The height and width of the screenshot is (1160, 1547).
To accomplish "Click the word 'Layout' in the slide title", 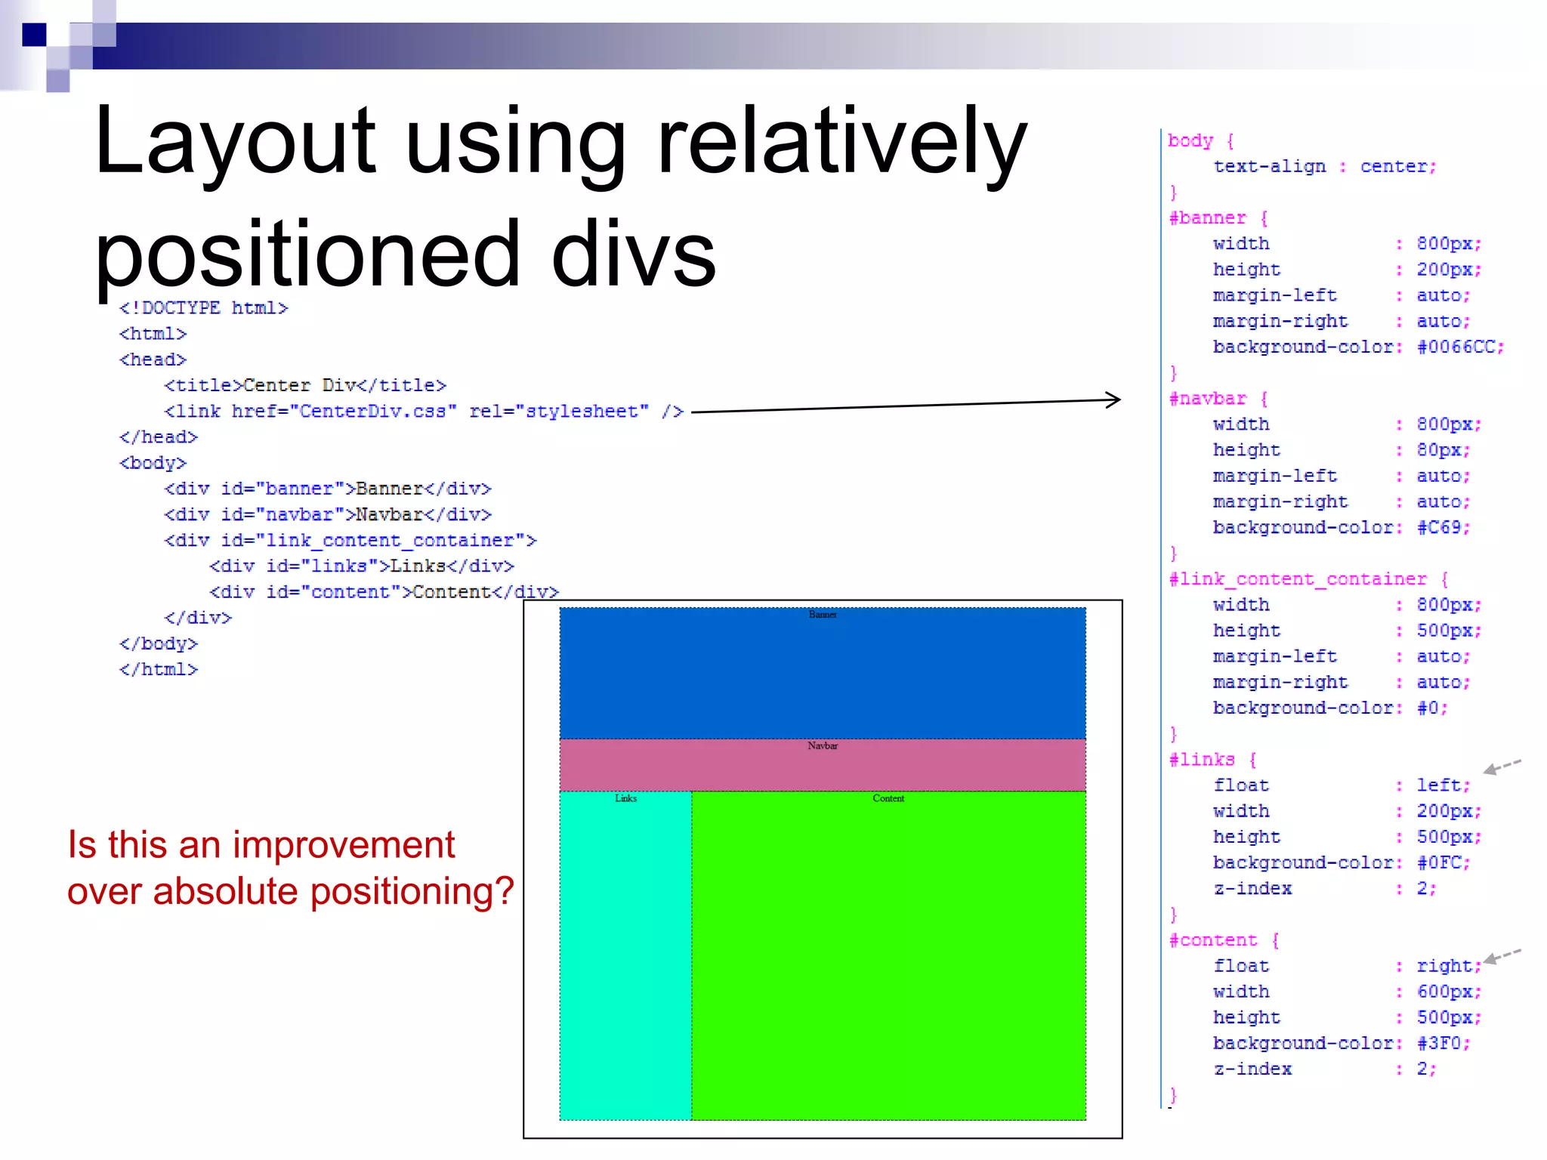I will (x=235, y=142).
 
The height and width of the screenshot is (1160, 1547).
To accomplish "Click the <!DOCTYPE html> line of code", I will (x=203, y=308).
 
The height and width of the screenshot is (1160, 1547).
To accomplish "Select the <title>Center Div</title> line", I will (x=305, y=386).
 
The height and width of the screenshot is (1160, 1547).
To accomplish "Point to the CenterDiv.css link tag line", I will (x=423, y=412).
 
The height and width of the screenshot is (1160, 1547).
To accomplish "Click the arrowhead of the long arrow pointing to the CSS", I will (x=1113, y=400).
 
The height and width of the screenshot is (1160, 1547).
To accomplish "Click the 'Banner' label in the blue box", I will (x=823, y=615).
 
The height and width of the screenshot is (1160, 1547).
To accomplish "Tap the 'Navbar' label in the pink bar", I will (x=823, y=746).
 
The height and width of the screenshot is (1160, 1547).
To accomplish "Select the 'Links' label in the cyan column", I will (x=625, y=798).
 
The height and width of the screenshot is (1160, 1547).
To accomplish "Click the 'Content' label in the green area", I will (x=888, y=798).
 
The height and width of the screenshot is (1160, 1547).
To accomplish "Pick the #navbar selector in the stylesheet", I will (x=1207, y=399).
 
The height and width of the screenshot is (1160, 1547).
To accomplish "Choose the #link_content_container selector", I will (x=1297, y=579).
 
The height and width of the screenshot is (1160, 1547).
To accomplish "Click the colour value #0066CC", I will (x=1459, y=347).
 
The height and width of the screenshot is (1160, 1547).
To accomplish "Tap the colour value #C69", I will (x=1442, y=528).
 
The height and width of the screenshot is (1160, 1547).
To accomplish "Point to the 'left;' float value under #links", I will (x=1443, y=785).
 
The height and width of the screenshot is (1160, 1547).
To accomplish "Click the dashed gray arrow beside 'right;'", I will (x=1502, y=956).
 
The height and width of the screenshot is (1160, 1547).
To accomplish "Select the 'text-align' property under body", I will (x=1269, y=167).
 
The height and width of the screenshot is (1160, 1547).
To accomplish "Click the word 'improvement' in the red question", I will (x=344, y=845).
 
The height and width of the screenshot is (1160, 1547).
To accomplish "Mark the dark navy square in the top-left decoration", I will (x=34, y=35).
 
